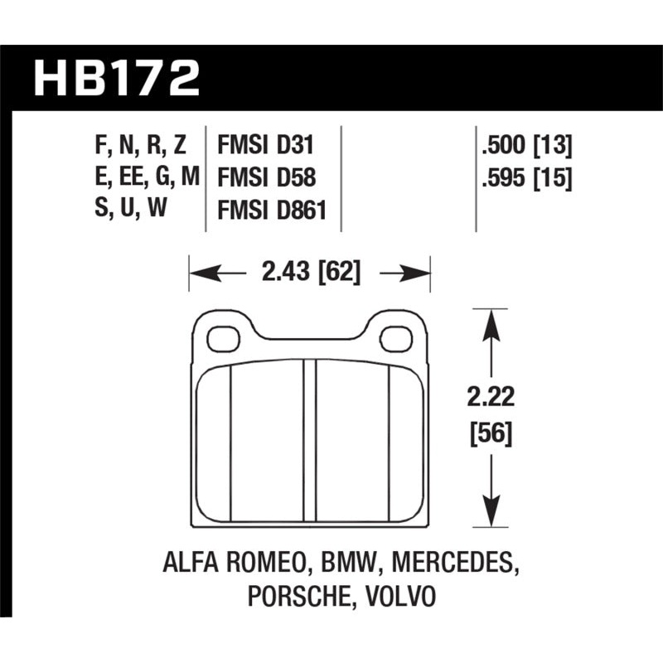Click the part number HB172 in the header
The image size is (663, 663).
116,80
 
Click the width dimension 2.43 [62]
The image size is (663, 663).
310,272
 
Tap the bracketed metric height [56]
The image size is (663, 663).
492,433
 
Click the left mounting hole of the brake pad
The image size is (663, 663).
222,338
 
